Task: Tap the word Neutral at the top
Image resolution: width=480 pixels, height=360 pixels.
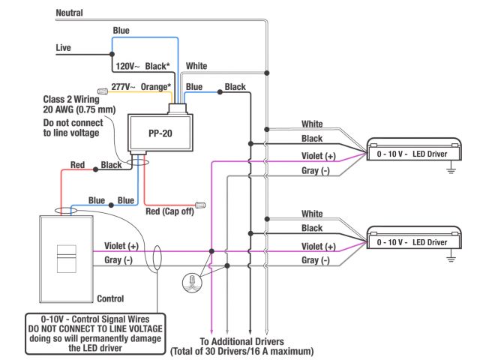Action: click(70, 13)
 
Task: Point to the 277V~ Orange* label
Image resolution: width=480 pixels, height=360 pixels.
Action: click(139, 87)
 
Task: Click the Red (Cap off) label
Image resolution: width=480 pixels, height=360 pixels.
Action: click(169, 211)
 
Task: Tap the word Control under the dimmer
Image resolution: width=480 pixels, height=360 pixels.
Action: click(111, 298)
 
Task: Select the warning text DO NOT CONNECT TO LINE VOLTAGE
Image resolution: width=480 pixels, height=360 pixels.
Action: click(94, 328)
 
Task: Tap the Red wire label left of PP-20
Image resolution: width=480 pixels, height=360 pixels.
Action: click(77, 164)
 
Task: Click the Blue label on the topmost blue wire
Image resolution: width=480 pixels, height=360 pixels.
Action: click(121, 31)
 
